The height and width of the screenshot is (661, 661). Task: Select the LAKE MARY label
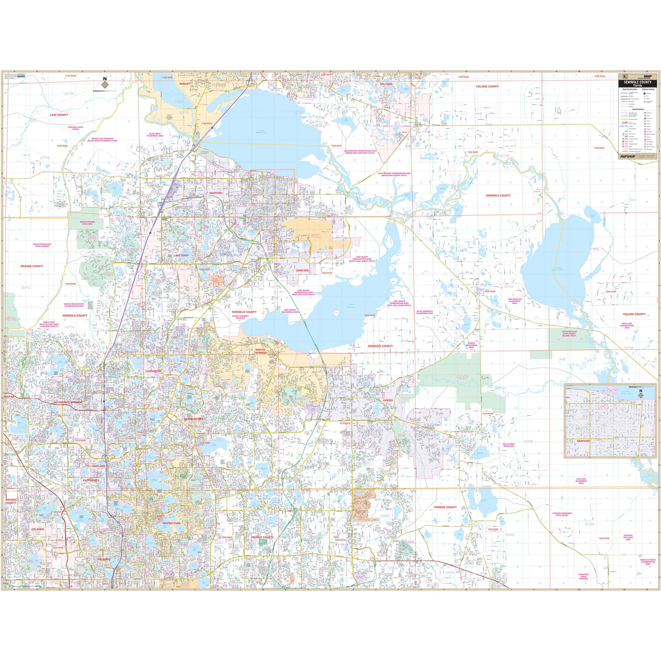181,255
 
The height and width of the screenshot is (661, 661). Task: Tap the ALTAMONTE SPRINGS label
68,402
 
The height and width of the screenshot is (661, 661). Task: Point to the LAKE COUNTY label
59,115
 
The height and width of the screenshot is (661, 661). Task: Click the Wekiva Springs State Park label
87,223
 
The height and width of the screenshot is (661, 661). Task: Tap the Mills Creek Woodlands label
508,445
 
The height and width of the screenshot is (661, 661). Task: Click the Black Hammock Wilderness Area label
425,312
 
